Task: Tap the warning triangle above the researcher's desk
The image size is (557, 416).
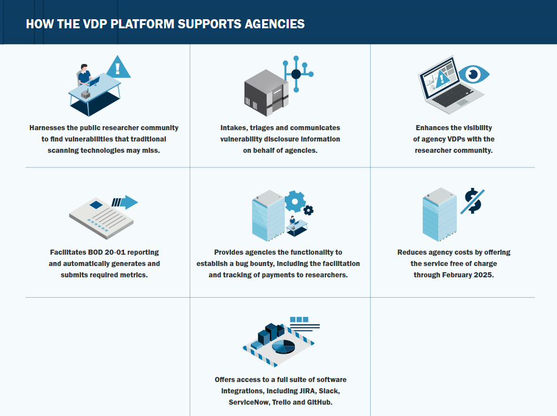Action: (118, 68)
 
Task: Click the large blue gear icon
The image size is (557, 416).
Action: (294, 200)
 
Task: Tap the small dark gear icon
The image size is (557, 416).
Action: (308, 210)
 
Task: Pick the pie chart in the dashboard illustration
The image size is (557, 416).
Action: (283, 345)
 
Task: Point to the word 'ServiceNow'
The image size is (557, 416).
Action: (248, 402)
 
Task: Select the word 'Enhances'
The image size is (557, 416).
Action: (433, 127)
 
